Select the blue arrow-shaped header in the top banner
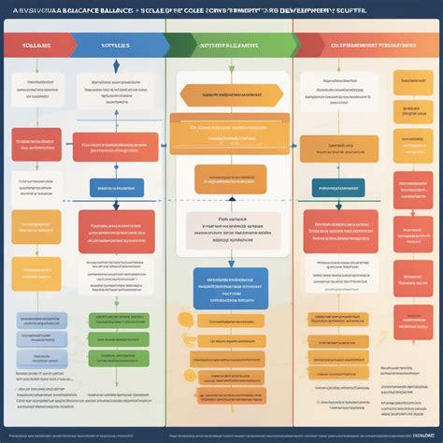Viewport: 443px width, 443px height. [116, 43]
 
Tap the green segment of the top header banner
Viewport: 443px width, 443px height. [229, 43]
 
